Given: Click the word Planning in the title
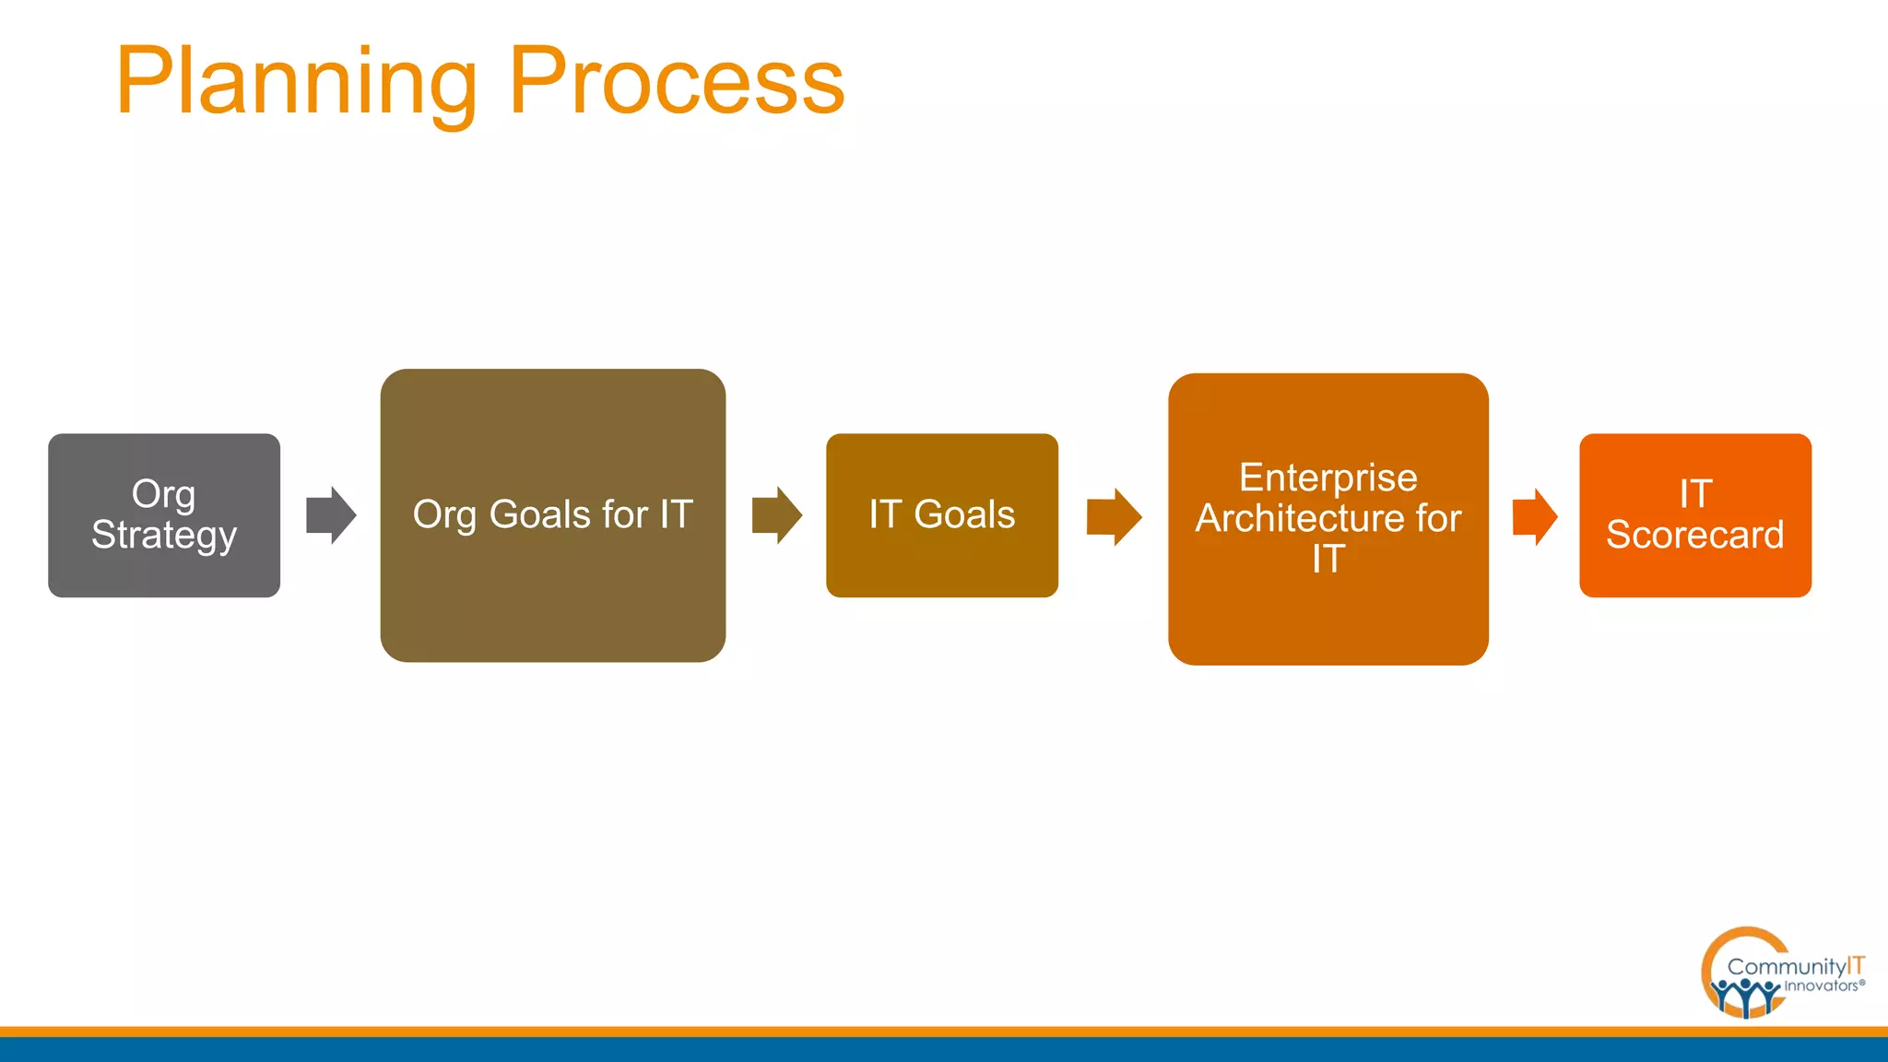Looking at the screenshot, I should coord(295,83).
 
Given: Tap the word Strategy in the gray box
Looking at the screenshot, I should coord(164,536).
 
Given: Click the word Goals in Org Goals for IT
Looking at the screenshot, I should coord(539,514).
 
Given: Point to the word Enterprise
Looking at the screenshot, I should coord(1327,478).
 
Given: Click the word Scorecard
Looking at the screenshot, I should coord(1694,536).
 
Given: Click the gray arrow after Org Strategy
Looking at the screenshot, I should coord(331,515).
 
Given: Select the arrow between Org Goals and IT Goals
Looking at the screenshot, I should coord(776,515).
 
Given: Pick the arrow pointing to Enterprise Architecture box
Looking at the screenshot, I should coord(1114,516).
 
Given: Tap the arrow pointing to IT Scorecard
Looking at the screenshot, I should coord(1534,516).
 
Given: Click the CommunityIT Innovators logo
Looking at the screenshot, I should coord(1779,973).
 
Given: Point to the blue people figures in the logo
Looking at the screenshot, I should coord(1743,996).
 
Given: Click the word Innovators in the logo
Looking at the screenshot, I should coord(1821,986).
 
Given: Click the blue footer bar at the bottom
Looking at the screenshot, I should coord(944,1050).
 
